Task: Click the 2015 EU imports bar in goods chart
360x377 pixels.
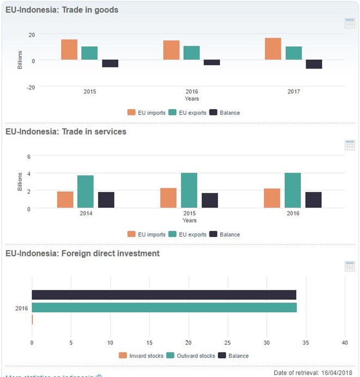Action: (x=69, y=50)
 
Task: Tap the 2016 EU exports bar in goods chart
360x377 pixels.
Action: (x=191, y=53)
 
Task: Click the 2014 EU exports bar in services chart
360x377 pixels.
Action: (x=86, y=191)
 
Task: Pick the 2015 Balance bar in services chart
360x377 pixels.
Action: (x=210, y=200)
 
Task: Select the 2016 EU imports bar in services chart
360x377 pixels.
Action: (x=272, y=198)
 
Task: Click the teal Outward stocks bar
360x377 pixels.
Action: (x=164, y=307)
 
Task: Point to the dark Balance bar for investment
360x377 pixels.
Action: (x=164, y=295)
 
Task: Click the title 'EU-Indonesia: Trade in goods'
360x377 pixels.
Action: (x=62, y=10)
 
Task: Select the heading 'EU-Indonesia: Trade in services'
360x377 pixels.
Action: (x=65, y=132)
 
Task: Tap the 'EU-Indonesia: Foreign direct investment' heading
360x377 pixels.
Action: (x=82, y=253)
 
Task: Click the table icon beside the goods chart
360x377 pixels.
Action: (x=350, y=23)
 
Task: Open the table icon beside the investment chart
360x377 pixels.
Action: (x=350, y=266)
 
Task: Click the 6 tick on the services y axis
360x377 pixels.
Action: (x=28, y=156)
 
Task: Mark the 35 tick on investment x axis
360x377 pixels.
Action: (x=305, y=343)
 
